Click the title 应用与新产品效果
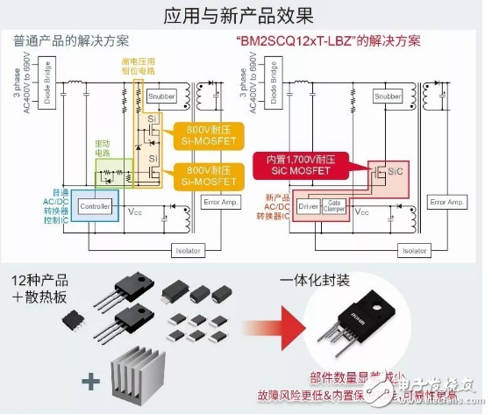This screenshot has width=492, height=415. [246, 15]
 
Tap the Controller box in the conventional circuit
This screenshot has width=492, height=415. [95, 206]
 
